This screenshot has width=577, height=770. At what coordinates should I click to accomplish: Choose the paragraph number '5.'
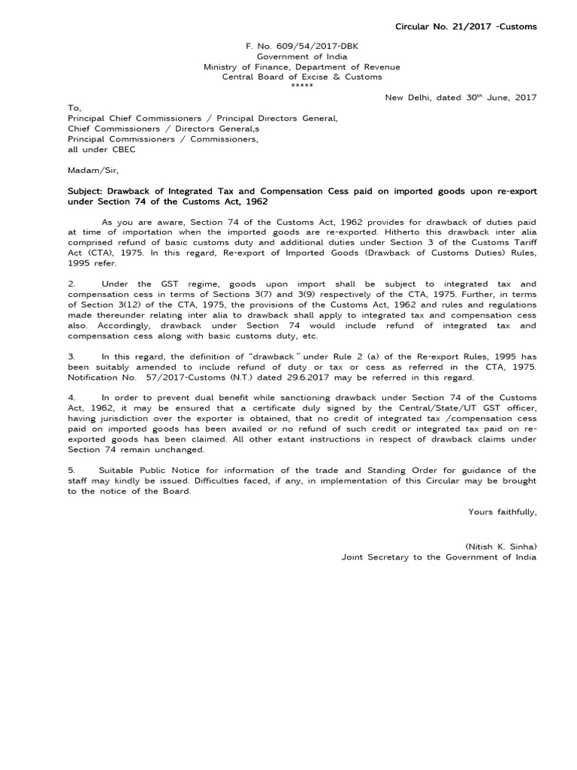tap(71, 469)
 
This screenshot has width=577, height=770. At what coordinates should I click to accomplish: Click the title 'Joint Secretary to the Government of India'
tap(439, 557)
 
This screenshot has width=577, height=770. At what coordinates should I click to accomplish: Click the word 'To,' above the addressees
tap(74, 108)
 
